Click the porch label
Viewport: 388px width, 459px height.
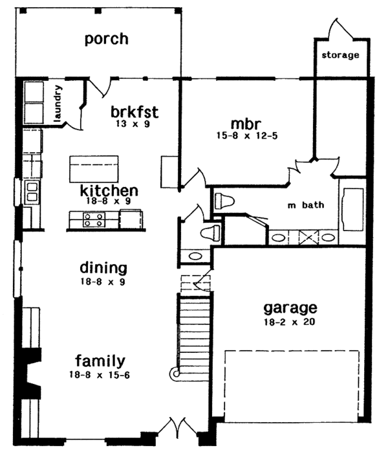click(107, 39)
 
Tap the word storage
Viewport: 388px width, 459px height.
click(340, 55)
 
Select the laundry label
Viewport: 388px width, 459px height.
click(58, 104)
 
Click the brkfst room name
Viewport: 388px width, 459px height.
click(135, 112)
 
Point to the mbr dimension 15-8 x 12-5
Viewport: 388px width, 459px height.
click(247, 135)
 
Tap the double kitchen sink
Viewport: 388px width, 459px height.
click(32, 192)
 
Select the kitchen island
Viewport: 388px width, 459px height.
click(94, 169)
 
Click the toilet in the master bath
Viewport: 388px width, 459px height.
click(224, 201)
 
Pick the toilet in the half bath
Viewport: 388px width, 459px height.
click(210, 233)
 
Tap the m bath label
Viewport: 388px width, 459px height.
click(306, 205)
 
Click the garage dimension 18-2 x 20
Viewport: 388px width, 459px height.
click(290, 322)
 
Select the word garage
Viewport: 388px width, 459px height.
click(290, 308)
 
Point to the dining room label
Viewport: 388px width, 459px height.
click(103, 268)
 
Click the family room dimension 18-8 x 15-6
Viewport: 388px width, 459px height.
click(100, 375)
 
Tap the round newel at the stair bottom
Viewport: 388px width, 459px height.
click(176, 374)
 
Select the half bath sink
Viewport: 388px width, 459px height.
click(195, 256)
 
